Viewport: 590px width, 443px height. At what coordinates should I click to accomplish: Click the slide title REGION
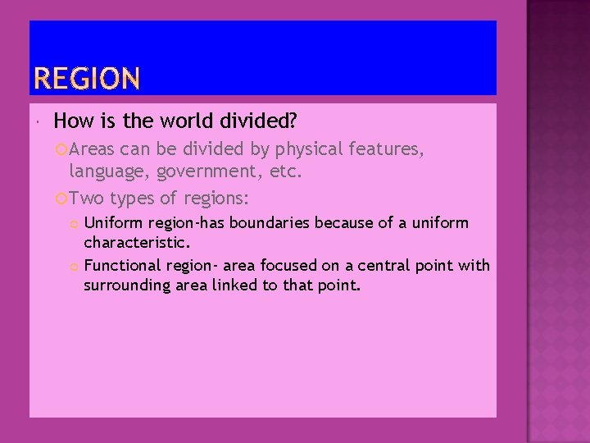(87, 80)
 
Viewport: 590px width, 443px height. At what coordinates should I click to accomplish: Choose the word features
(385, 150)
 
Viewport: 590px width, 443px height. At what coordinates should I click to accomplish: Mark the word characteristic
(137, 243)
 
